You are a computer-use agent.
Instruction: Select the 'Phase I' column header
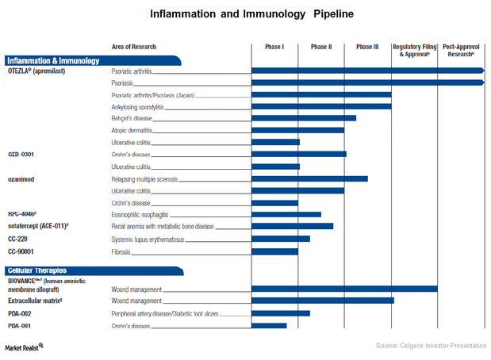click(x=274, y=47)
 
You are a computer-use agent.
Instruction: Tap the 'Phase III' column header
click(x=367, y=47)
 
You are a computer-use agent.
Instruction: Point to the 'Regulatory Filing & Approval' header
click(x=414, y=50)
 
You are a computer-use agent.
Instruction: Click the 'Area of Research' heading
click(x=138, y=47)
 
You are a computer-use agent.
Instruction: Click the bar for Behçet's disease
click(x=303, y=118)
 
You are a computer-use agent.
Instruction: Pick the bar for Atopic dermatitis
click(x=297, y=130)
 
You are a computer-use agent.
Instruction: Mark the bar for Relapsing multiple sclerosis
click(x=309, y=179)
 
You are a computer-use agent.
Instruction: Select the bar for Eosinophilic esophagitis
click(x=286, y=214)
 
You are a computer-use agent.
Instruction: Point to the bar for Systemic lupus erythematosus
click(x=280, y=239)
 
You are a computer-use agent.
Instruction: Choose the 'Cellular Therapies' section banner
click(x=48, y=270)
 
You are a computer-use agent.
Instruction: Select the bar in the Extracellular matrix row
click(x=322, y=301)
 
